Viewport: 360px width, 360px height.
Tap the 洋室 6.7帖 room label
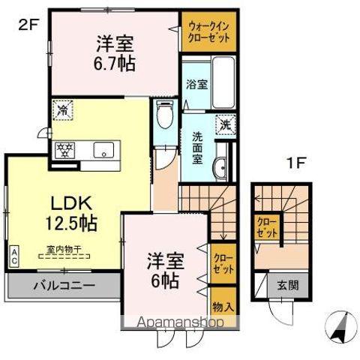(115, 52)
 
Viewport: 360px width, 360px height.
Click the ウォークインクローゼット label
(208, 31)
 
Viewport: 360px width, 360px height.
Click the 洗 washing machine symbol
(223, 125)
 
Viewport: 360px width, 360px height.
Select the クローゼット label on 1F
(266, 227)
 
